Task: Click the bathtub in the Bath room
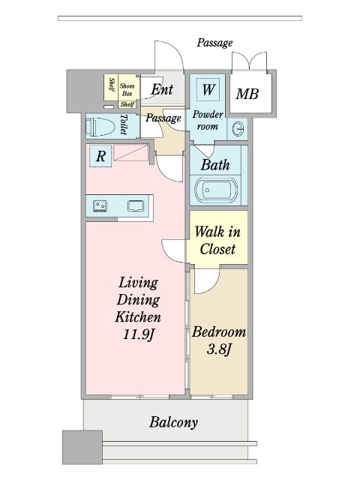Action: point(216,190)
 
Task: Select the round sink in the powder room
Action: point(238,128)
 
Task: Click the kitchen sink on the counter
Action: point(136,205)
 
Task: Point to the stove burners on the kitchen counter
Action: point(100,205)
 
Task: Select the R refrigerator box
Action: point(100,156)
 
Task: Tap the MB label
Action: point(247,94)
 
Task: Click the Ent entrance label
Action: point(162,89)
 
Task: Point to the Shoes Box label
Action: point(127,90)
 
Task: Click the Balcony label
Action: point(173,422)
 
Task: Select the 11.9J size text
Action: point(137,334)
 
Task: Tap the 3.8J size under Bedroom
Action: point(218,349)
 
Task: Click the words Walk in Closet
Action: point(217,240)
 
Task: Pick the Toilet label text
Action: point(124,124)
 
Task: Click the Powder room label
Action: point(208,120)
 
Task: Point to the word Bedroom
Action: point(219,332)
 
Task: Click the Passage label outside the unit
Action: point(214,43)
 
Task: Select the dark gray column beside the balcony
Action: point(82,448)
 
